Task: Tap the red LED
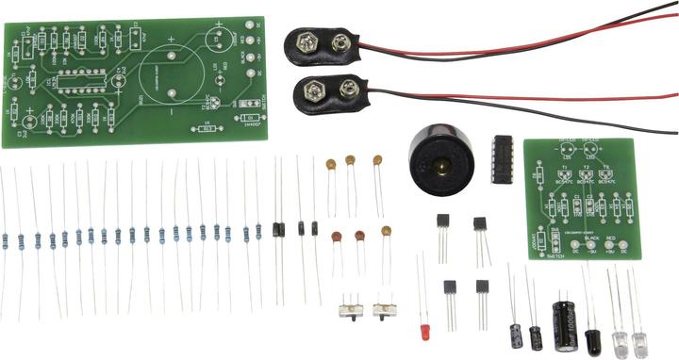[425, 333]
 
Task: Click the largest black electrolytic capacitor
[566, 324]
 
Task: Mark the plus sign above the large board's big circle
[171, 40]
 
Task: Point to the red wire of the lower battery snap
[528, 96]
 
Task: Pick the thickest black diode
[278, 228]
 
